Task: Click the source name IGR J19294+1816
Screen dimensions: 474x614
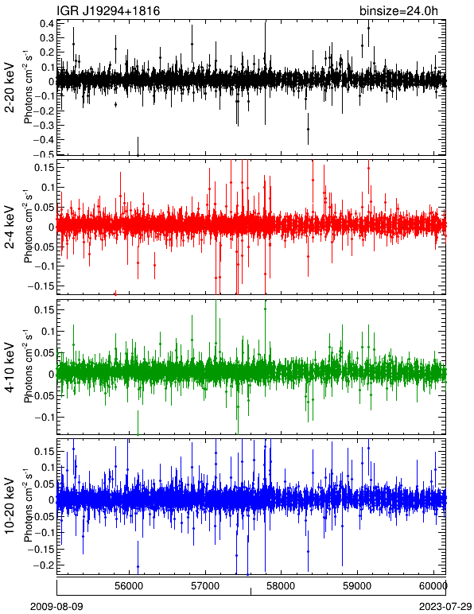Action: coord(108,11)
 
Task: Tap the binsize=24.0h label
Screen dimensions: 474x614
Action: coord(398,11)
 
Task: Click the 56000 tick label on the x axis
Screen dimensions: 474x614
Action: coord(129,586)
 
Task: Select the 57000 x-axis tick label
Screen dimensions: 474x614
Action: coord(205,586)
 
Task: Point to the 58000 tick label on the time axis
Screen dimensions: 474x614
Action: coord(282,586)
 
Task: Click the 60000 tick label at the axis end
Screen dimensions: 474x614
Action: coord(433,586)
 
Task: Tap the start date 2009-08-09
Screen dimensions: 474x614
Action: coord(56,607)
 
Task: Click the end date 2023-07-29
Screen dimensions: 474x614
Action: coord(445,607)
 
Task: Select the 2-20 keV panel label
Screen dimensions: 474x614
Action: coord(10,87)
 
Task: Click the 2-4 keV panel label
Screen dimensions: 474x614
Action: coord(10,227)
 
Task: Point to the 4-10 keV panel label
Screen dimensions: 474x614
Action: coord(10,367)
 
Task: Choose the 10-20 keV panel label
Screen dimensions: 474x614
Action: coord(10,506)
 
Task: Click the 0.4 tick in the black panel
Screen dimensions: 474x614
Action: coord(47,23)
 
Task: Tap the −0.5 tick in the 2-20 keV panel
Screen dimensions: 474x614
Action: coord(44,154)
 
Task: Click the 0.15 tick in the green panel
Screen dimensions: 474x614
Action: coord(45,309)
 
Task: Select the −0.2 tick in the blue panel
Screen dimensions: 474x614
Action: coord(44,565)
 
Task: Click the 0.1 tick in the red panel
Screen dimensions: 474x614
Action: coord(47,187)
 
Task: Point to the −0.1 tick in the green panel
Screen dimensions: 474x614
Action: coord(44,418)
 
